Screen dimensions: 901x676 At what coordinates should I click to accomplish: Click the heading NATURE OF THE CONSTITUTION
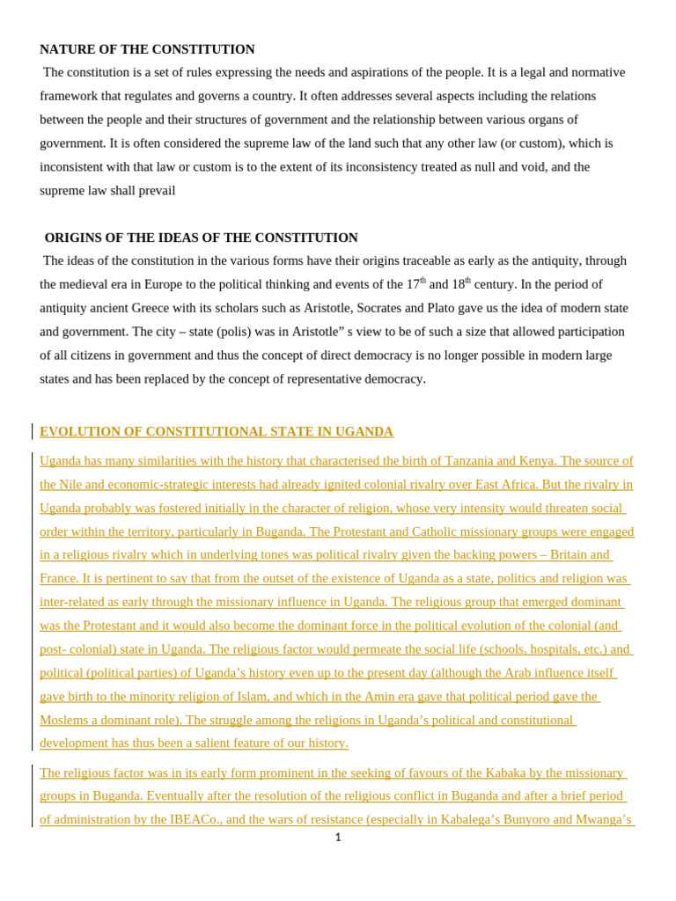(147, 49)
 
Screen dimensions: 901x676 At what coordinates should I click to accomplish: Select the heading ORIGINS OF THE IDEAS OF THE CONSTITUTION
(201, 238)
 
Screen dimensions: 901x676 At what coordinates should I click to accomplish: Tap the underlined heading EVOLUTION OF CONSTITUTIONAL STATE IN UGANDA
(217, 432)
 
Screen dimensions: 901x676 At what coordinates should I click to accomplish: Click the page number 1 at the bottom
(338, 838)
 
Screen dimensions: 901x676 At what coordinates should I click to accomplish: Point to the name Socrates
(376, 308)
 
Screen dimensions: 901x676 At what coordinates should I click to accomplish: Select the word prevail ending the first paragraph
(157, 191)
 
